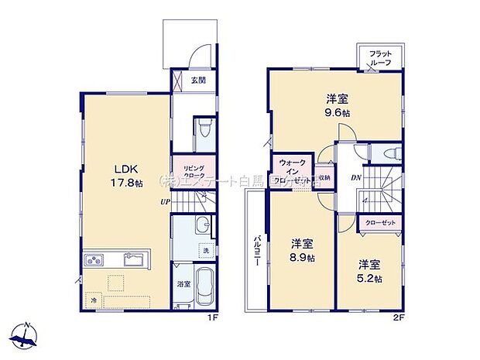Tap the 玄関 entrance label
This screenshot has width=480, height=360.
[196, 78]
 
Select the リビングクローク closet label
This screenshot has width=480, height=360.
[194, 172]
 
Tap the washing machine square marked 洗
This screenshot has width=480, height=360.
[206, 252]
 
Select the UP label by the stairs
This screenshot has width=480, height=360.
[165, 203]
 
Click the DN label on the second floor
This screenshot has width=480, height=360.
[355, 178]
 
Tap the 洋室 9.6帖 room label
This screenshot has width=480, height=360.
[336, 105]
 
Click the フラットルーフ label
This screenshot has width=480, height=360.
[380, 58]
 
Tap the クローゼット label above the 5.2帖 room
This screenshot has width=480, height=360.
[379, 223]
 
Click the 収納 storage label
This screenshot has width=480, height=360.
[324, 177]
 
